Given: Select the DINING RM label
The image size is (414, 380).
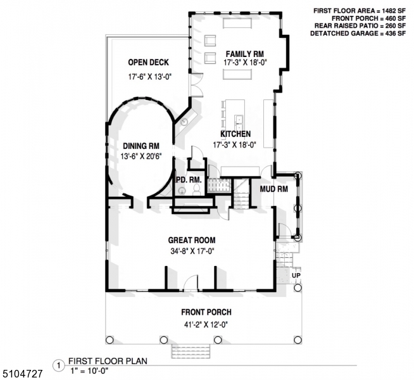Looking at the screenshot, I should coord(140,145).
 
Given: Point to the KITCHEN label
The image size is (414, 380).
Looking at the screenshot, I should coord(235,134).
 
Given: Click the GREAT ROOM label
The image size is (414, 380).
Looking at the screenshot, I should coord(191,240).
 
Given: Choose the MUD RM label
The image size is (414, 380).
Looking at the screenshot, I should coord(274,189).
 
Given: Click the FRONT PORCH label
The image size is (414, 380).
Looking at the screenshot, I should coord(206,312).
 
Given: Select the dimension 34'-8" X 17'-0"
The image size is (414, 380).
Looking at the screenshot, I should coord(191,251).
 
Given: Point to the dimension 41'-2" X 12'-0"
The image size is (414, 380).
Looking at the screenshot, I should coord(206,324).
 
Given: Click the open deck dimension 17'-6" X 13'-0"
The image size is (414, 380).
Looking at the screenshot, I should coord(149,77).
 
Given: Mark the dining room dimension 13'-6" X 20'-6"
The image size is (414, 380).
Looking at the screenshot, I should coord(140,156).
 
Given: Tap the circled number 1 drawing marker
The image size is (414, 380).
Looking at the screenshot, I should coord(59,365).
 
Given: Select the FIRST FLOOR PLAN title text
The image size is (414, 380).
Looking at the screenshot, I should coord(108,361).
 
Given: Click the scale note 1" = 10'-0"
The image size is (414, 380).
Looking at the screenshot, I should coord(90,370).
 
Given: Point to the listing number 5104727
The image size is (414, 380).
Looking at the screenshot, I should coord(22,374).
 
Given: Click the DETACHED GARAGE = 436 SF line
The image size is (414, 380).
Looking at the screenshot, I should coord(358,34).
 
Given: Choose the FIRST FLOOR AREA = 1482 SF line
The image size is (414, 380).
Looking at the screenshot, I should coord(358,11).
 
